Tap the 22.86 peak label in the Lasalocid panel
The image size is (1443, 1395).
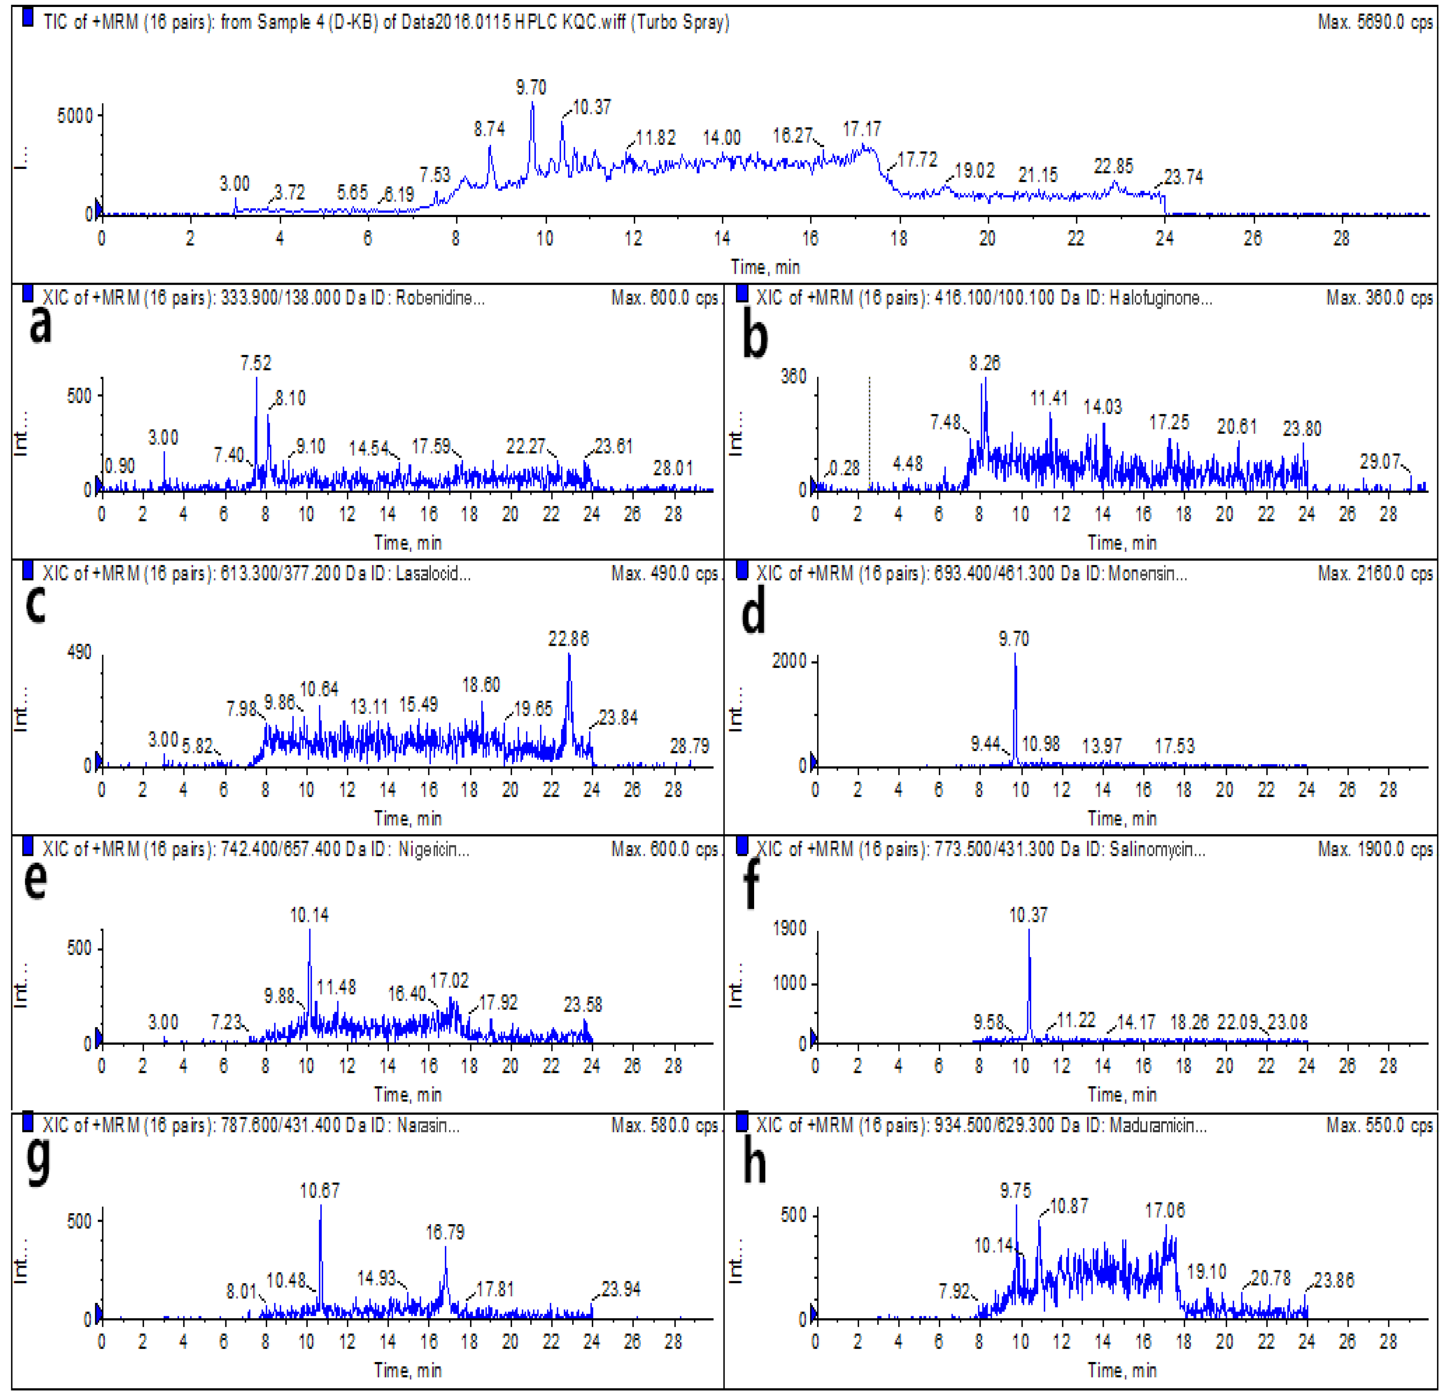pos(568,638)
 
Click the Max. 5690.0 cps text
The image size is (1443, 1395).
pos(1375,22)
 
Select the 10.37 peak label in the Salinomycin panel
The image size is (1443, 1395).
pos(1028,915)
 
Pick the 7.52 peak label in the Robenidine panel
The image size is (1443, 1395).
pos(256,363)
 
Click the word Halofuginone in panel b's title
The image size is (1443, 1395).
pos(1159,298)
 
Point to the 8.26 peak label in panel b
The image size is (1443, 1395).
pos(984,363)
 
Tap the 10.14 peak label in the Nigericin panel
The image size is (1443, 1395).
pos(309,915)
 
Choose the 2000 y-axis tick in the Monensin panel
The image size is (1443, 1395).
pos(789,661)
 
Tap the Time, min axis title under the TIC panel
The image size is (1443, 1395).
pos(765,267)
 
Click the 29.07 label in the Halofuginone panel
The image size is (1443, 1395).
pos(1379,461)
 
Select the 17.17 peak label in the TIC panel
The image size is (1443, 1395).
pos(861,129)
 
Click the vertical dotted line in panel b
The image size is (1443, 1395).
pos(870,434)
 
